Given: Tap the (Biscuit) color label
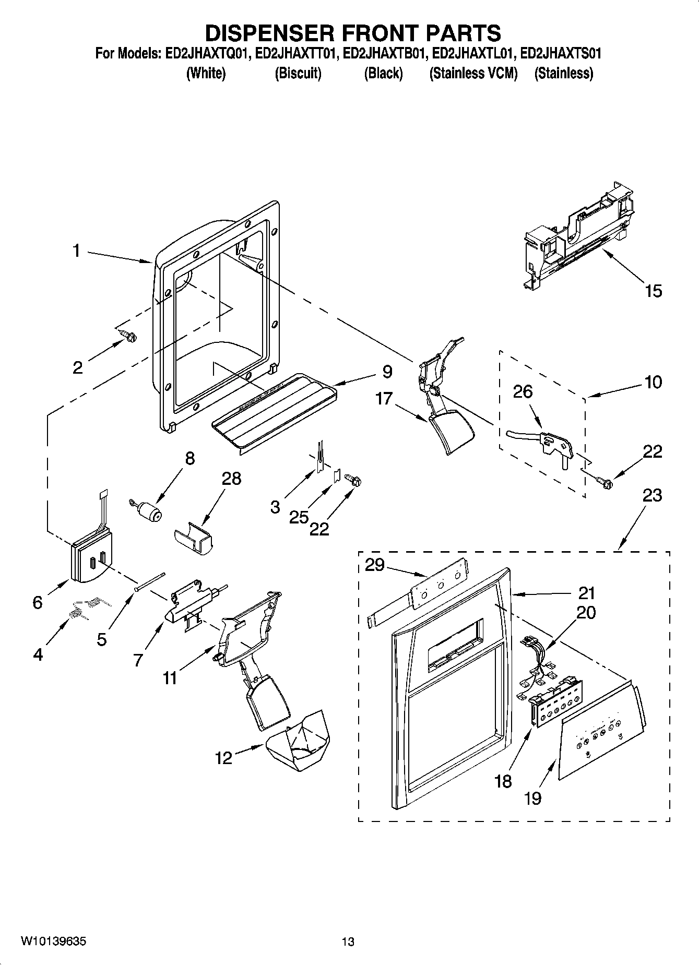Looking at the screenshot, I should [298, 74].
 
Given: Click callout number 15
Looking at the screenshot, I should [653, 291].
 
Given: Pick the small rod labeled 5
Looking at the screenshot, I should [149, 580].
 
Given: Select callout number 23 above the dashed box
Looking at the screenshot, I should [652, 495].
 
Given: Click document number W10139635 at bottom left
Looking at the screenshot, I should [53, 941].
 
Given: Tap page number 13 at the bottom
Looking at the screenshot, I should [348, 942].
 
